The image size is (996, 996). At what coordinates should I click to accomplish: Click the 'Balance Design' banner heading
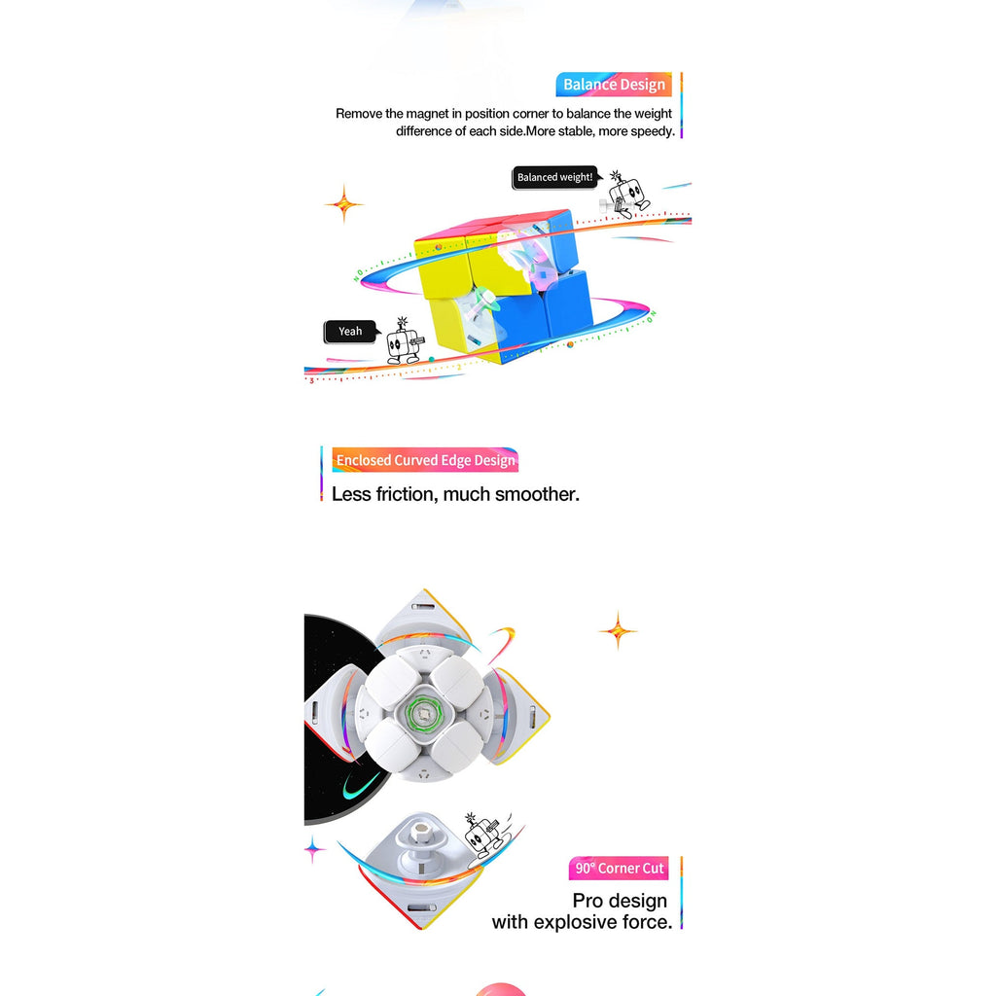[614, 85]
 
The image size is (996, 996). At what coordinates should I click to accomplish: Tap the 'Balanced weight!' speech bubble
[555, 177]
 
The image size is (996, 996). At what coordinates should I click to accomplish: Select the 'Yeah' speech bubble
[350, 331]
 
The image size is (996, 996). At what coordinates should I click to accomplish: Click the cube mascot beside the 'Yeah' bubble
[404, 341]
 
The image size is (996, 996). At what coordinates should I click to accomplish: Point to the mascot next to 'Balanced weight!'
[626, 194]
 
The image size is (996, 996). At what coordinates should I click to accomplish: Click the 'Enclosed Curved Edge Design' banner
[425, 460]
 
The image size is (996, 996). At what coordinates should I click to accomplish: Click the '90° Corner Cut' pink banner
[619, 869]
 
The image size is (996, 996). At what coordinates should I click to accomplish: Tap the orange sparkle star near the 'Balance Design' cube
[344, 204]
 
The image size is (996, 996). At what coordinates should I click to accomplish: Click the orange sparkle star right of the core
[618, 630]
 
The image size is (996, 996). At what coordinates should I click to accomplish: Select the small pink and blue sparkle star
[313, 849]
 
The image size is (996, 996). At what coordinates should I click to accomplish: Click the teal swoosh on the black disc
[360, 786]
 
